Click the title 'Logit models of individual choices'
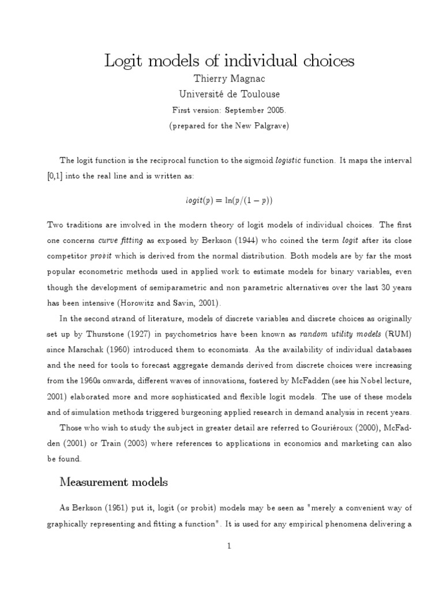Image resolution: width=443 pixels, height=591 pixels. coord(229,61)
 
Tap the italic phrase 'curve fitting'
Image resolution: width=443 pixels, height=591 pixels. coord(118,240)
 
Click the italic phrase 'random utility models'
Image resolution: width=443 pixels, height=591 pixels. coord(328,334)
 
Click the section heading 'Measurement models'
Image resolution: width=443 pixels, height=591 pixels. coord(114,482)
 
